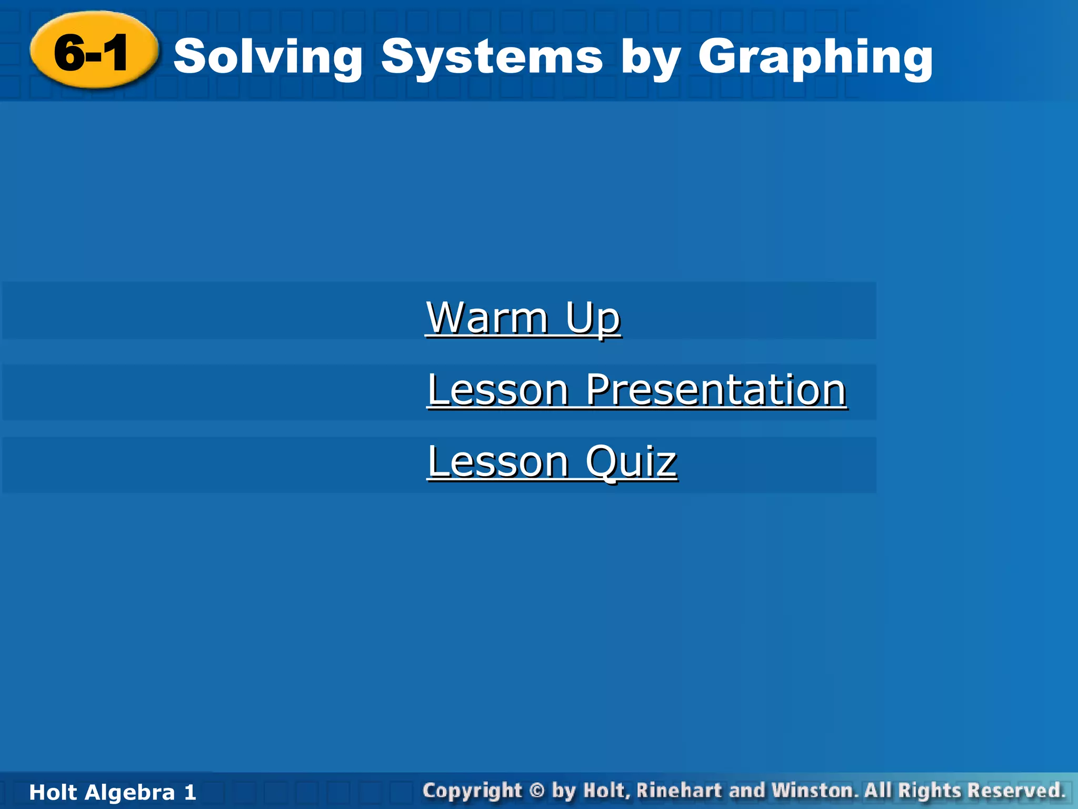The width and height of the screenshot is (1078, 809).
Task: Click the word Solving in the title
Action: click(268, 57)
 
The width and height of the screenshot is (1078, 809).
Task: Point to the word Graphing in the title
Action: click(815, 57)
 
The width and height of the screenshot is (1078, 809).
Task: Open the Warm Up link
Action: click(523, 318)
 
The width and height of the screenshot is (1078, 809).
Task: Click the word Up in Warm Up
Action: click(593, 319)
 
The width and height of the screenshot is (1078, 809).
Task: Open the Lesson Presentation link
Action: click(636, 390)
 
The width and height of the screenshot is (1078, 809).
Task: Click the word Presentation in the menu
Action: click(716, 390)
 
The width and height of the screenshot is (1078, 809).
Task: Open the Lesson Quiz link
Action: click(552, 461)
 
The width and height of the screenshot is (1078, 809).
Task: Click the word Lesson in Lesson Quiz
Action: click(497, 461)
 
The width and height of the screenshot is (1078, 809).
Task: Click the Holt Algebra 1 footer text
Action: click(113, 792)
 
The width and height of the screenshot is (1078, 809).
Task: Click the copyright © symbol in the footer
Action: click(536, 791)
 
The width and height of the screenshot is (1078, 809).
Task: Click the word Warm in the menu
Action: click(487, 318)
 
